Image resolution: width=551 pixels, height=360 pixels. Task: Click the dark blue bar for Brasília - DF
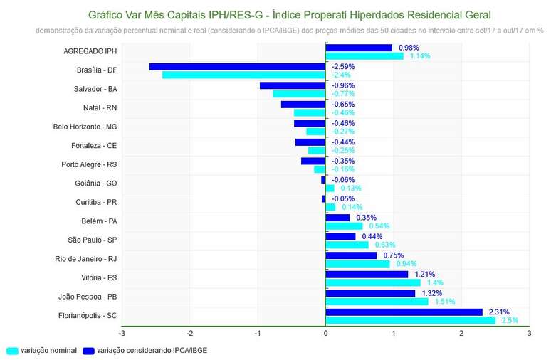tap(237, 66)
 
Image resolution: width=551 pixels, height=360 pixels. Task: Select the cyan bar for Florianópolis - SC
tap(410, 320)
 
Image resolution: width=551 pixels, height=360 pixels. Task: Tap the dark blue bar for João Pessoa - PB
tap(370, 293)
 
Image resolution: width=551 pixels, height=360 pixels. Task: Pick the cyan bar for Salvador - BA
tap(299, 93)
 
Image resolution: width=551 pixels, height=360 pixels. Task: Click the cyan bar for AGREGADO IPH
tap(364, 55)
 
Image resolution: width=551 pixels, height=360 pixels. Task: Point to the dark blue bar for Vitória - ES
tap(367, 274)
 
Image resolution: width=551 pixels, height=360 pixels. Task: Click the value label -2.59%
tap(343, 66)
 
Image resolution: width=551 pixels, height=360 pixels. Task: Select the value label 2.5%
tap(510, 320)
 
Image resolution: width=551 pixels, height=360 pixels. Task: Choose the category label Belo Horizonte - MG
tap(85, 127)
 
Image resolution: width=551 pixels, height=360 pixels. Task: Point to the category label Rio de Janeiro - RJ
tap(85, 259)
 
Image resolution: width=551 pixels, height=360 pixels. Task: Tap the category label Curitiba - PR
tap(96, 202)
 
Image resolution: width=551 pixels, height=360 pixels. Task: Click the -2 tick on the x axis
tap(189, 333)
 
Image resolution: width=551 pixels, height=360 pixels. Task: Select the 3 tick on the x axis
tap(529, 333)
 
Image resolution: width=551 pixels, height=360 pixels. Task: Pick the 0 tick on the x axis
tap(325, 333)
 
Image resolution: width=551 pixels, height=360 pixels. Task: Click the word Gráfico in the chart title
tap(107, 15)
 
